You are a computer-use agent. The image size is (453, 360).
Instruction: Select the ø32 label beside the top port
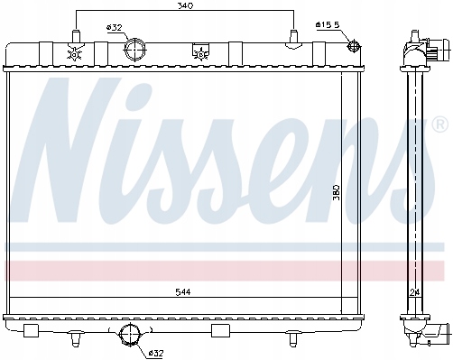coord(114,27)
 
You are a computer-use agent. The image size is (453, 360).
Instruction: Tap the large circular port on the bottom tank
coord(130,336)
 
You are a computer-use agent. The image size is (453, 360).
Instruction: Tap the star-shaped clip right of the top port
coord(198,53)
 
